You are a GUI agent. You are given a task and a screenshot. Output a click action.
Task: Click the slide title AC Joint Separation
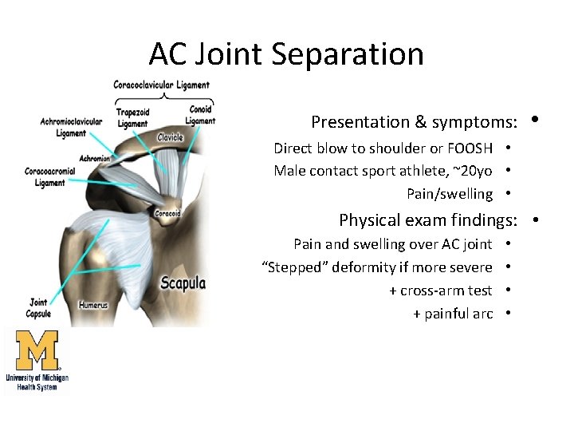[x=286, y=54]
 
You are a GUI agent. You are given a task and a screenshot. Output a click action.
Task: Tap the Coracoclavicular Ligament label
[x=161, y=85]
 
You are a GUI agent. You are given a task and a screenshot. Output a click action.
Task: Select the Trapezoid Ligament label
[x=132, y=118]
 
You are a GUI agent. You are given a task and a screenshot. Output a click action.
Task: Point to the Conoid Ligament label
[x=200, y=116]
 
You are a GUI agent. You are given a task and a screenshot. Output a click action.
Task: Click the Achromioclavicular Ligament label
[x=71, y=128]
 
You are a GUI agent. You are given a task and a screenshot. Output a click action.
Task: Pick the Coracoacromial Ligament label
[x=50, y=177]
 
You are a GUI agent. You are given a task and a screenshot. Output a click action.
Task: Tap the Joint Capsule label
[x=38, y=307]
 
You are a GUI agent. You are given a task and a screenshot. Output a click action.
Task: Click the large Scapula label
[x=183, y=283]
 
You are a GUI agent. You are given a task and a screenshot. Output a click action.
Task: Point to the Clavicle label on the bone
[x=170, y=137]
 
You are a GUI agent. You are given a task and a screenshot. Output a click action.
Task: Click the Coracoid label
[x=167, y=213]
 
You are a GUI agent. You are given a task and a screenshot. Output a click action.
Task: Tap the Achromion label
[x=95, y=158]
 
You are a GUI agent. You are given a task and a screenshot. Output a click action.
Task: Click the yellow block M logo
[x=37, y=350]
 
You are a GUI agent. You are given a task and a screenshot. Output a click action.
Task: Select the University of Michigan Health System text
[x=37, y=382]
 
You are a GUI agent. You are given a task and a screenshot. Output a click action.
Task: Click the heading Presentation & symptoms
[x=415, y=122]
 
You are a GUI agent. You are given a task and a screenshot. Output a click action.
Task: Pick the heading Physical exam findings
[x=428, y=219]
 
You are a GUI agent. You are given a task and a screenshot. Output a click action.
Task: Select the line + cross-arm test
[x=440, y=291]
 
